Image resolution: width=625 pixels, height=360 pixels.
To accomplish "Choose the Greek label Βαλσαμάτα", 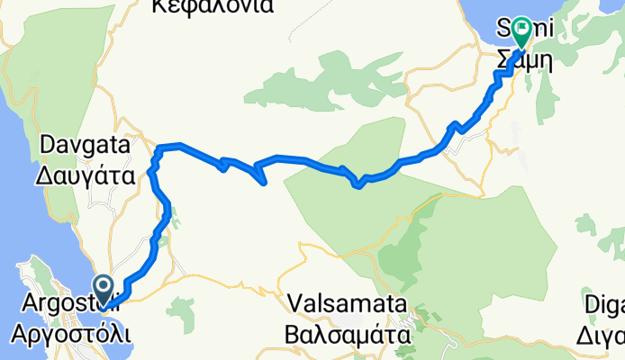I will (346, 335).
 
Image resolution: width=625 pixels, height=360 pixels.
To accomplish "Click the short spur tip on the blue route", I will (264, 184).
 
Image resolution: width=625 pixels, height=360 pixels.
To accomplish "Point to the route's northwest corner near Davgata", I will (160, 146).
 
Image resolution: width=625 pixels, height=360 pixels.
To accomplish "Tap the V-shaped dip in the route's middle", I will (358, 185).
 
